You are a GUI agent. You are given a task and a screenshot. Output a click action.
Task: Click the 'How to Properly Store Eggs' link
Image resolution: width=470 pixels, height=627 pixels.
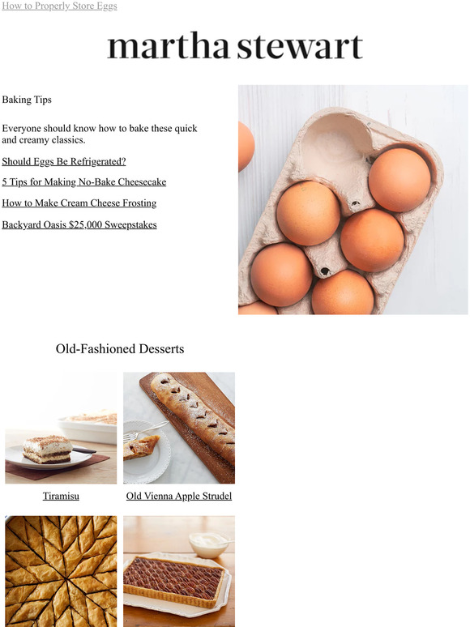59,6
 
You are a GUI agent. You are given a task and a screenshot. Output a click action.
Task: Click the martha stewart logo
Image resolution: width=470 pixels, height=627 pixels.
235,47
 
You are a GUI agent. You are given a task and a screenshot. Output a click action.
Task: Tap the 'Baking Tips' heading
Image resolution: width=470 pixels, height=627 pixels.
27,100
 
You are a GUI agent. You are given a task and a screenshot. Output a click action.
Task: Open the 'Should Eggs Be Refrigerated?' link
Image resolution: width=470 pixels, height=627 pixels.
64,161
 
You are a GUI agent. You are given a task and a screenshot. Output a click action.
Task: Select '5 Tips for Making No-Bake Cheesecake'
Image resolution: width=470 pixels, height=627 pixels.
83,182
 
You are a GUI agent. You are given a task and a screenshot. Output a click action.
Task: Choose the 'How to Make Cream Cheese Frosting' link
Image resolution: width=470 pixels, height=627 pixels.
79,203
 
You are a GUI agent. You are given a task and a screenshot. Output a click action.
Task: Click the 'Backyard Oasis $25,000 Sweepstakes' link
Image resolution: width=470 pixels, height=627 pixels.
79,224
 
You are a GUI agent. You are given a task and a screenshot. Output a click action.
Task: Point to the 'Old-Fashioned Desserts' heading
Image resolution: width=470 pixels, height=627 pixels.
120,349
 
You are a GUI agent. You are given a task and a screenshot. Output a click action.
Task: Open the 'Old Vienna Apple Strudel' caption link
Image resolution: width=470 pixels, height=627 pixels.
179,496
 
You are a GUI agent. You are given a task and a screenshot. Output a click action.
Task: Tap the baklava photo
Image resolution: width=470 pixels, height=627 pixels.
61,571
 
